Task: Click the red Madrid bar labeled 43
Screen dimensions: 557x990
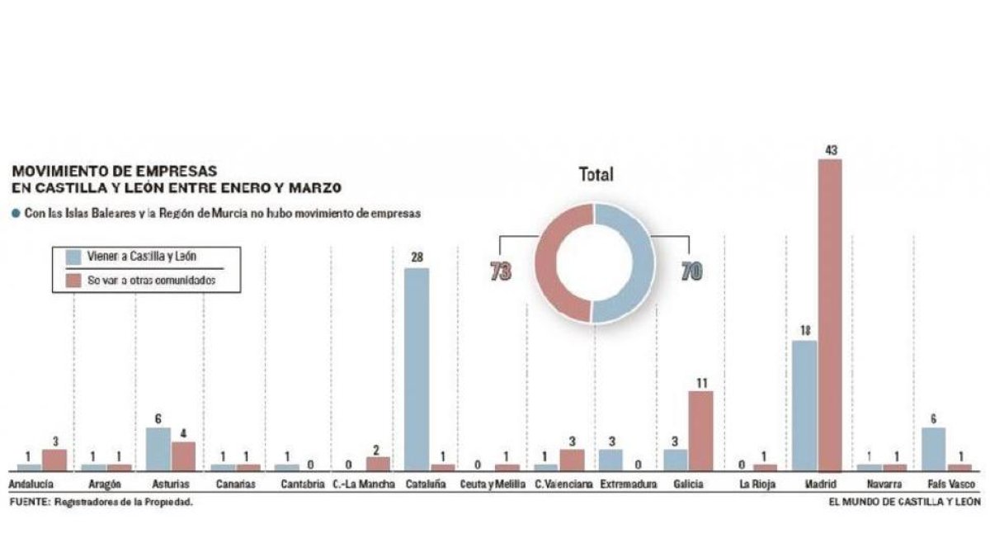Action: (830, 314)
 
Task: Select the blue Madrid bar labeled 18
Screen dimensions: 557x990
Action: (804, 405)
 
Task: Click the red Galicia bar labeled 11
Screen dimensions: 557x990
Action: (700, 430)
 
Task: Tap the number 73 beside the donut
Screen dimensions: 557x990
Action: (500, 271)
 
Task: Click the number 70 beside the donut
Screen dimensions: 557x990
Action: (691, 271)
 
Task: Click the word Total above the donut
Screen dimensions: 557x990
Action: (596, 175)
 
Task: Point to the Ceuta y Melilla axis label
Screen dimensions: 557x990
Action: (492, 484)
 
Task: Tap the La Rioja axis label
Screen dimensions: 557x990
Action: (757, 484)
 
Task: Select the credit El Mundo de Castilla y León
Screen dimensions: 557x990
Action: (905, 502)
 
